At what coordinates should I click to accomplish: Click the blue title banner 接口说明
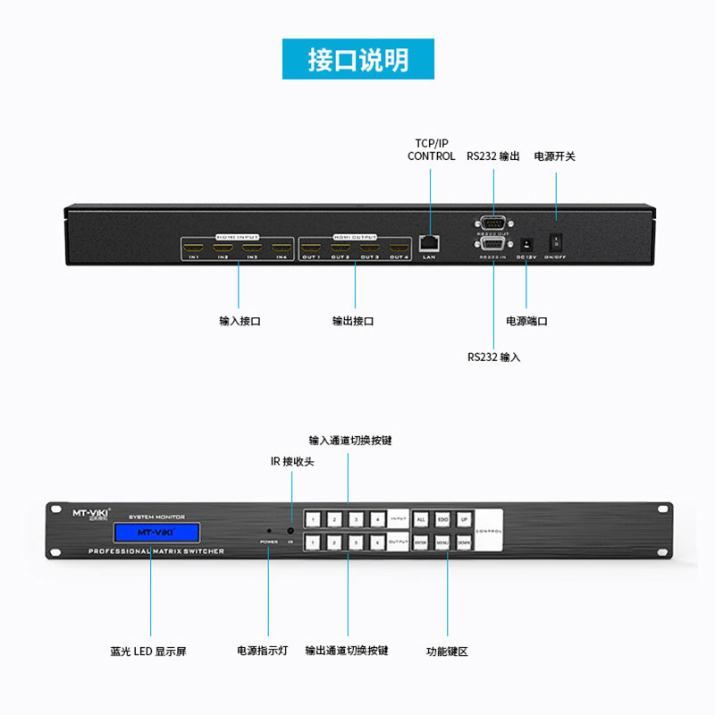click(357, 60)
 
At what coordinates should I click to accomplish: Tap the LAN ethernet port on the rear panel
click(429, 242)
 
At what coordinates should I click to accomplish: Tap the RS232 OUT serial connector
click(492, 223)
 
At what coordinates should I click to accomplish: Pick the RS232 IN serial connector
click(492, 245)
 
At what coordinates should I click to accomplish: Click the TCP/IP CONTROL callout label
click(431, 149)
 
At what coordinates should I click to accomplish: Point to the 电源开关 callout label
click(555, 156)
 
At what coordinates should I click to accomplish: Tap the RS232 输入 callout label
click(493, 357)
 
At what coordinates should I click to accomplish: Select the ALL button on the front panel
click(421, 519)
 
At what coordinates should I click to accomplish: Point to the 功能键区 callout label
click(447, 652)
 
